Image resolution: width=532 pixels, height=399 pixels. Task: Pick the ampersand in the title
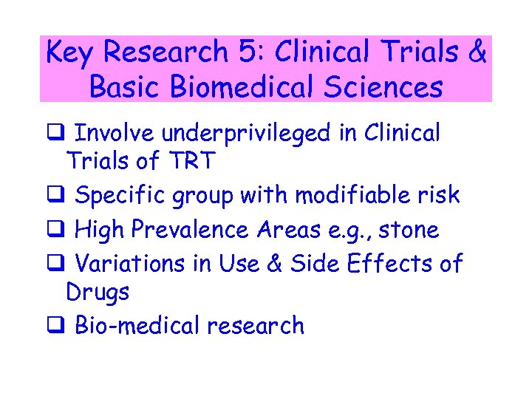477,52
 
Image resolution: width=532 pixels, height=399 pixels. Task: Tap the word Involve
115,134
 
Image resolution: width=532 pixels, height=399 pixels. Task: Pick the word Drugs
98,292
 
